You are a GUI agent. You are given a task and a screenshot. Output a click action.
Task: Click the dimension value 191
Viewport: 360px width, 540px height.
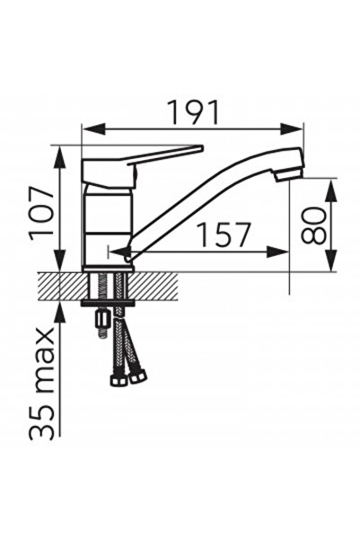pos(193,112)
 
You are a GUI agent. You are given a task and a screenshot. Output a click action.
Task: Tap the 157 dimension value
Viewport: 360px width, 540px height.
pos(223,235)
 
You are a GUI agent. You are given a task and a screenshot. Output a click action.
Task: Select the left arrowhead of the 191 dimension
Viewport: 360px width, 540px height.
pos(87,130)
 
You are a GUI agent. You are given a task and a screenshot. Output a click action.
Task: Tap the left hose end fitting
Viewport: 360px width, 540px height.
pos(118,380)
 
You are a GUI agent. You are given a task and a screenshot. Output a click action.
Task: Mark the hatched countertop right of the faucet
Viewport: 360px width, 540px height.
pos(157,286)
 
